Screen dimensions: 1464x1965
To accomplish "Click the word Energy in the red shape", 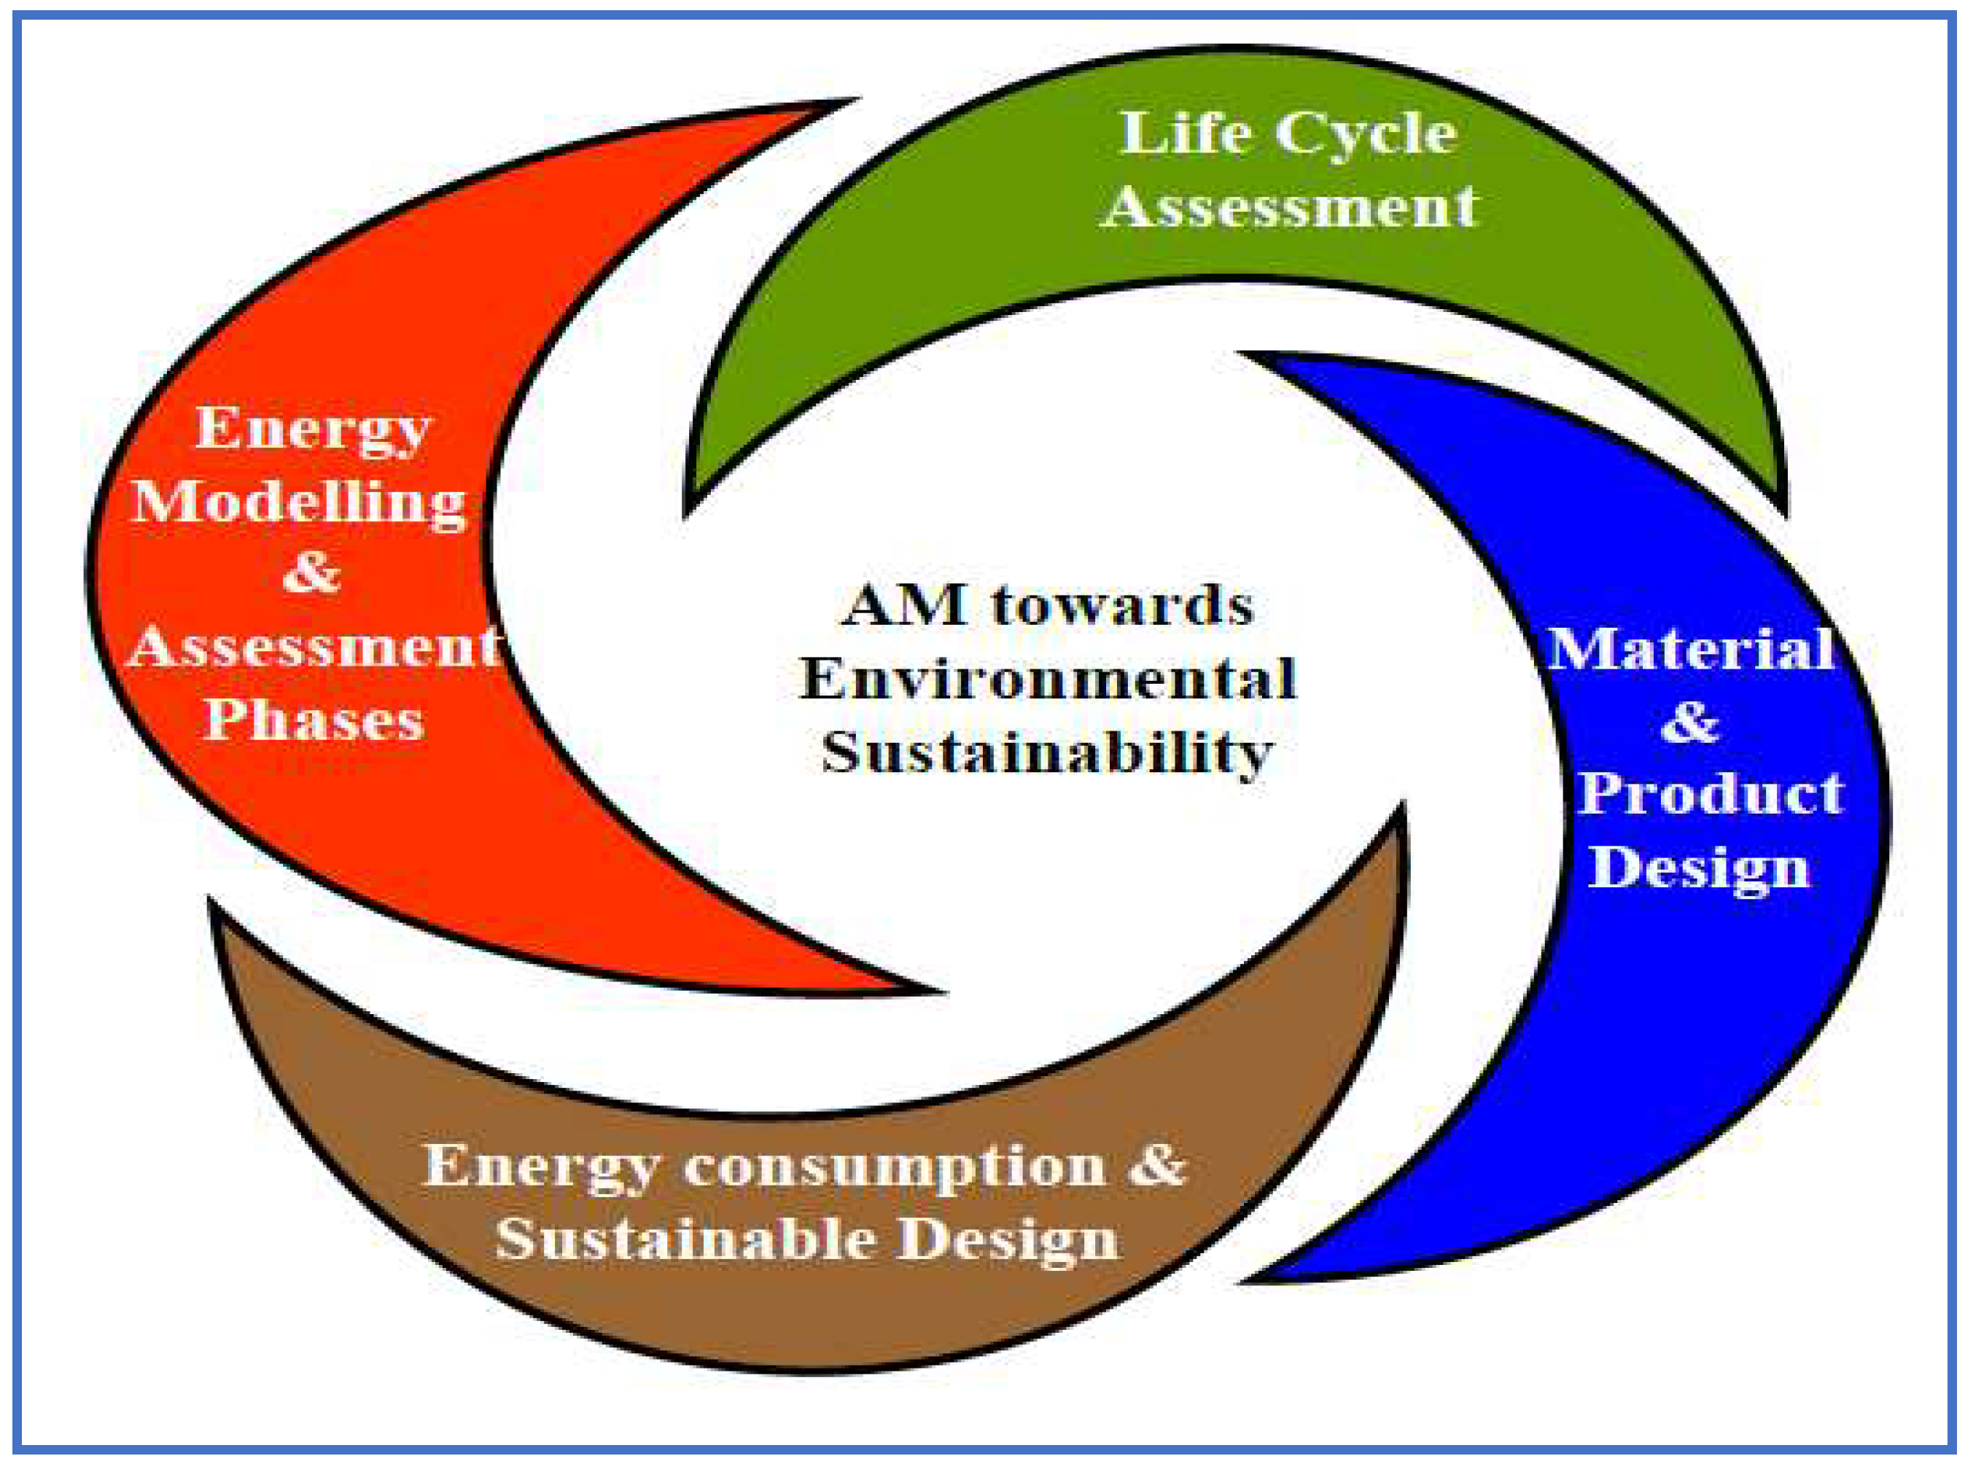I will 312,430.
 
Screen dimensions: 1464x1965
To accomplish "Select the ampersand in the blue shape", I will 1689,723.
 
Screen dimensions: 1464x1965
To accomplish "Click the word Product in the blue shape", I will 1710,793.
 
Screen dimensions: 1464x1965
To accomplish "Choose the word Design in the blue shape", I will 1697,868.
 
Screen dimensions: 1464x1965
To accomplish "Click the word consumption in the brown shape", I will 895,1165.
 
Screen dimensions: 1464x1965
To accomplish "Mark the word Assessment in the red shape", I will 315,646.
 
